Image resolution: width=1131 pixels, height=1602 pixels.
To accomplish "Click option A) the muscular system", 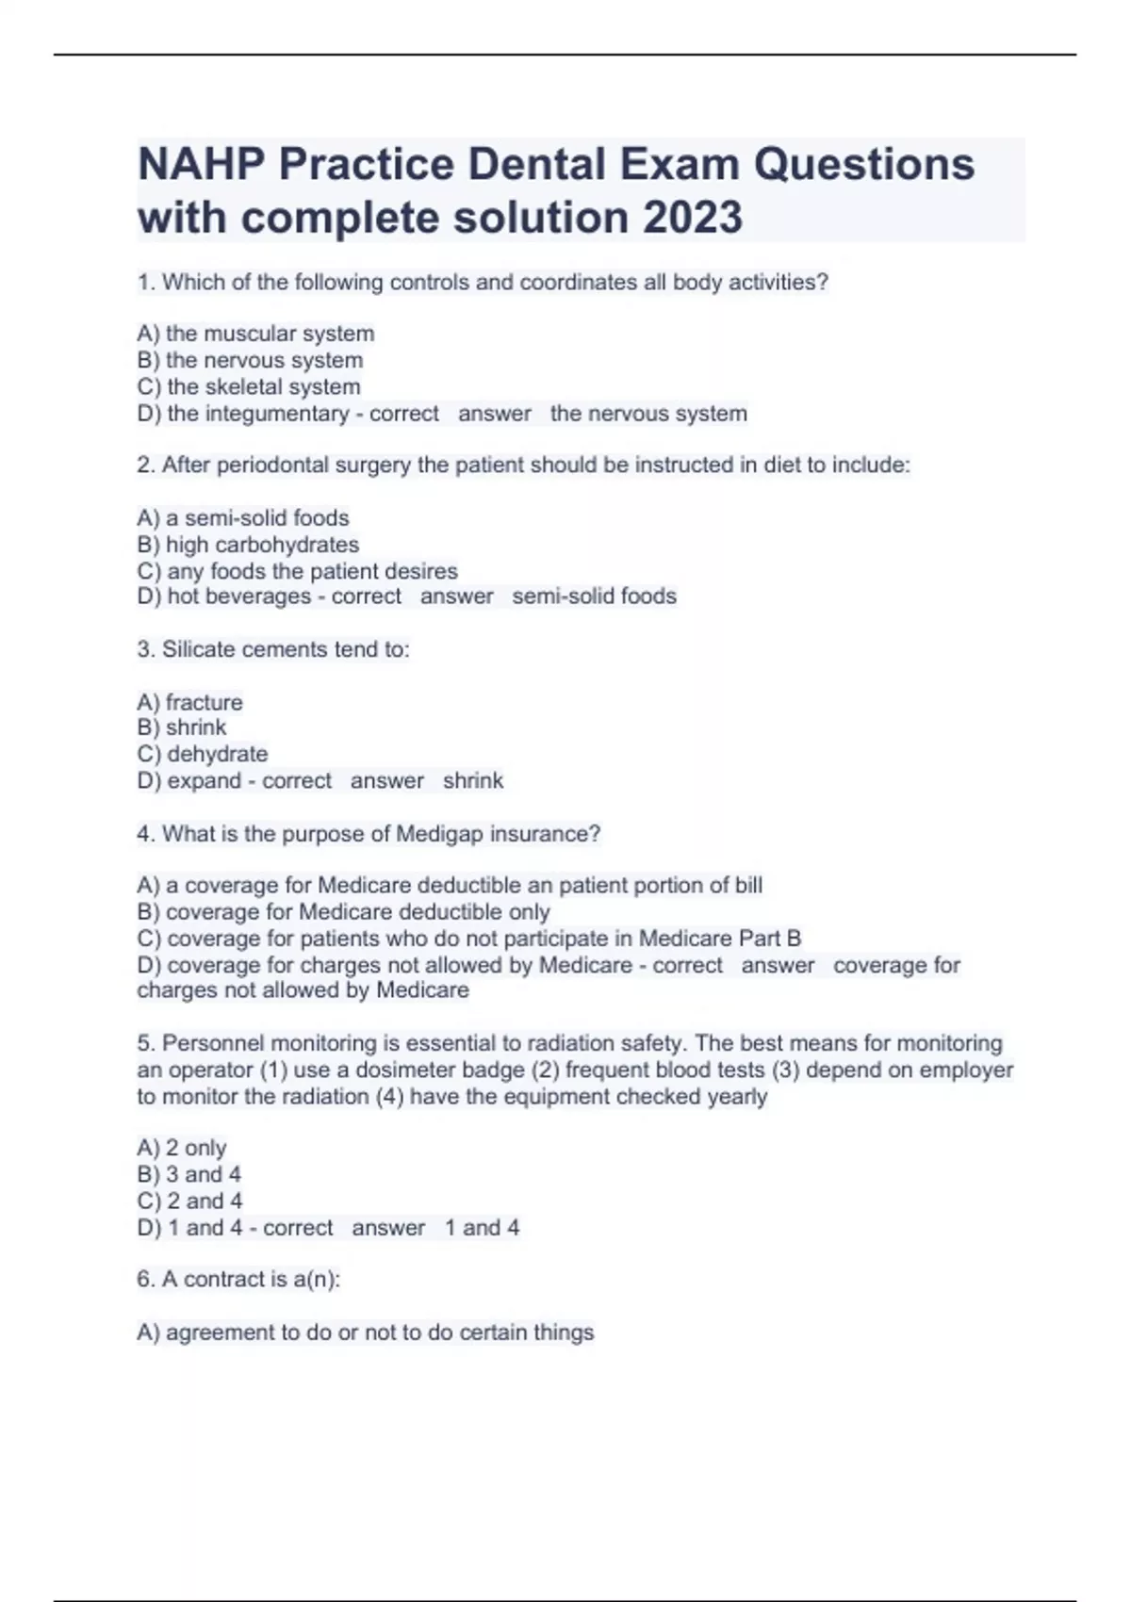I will click(x=255, y=334).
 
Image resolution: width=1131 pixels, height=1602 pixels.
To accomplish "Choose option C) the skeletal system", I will click(x=249, y=386).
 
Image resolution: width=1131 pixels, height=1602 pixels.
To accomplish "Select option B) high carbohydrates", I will click(x=248, y=545).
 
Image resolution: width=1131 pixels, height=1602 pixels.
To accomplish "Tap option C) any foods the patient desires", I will click(x=297, y=571).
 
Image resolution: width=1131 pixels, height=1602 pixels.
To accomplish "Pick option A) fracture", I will click(x=189, y=702).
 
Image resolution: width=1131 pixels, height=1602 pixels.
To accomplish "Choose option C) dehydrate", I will click(x=203, y=754).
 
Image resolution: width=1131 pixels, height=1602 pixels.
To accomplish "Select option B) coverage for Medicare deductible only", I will click(x=343, y=912).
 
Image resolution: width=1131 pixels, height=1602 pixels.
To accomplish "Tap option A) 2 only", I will click(x=182, y=1148).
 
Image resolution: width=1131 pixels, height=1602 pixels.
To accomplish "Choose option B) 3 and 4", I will click(x=188, y=1174).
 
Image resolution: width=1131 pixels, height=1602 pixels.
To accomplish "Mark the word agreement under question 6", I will click(x=221, y=1332).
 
